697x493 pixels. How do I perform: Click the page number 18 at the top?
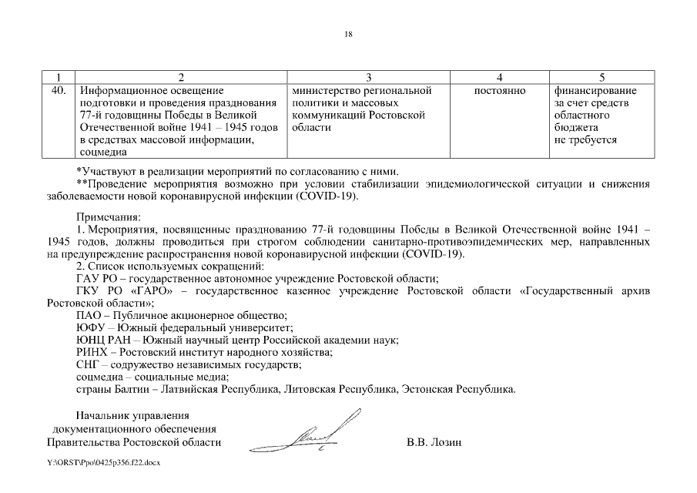point(348,35)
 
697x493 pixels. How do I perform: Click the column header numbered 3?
point(368,77)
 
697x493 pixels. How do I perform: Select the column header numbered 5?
point(601,77)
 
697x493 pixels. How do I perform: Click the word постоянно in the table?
point(500,91)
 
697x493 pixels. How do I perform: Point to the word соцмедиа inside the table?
point(103,153)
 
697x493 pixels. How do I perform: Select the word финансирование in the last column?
point(590,91)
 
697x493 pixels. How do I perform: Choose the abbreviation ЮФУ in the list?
point(91,327)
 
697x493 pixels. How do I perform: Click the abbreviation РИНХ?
point(92,352)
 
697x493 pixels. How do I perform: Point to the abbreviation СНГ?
point(89,364)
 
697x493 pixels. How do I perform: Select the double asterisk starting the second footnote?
point(82,183)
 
